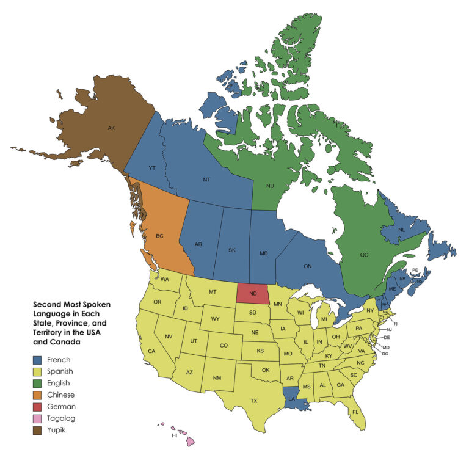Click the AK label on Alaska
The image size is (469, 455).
pos(111,128)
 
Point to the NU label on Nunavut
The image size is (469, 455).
pos(271,185)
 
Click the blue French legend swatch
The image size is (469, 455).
pos(38,360)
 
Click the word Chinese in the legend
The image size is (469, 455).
pos(62,395)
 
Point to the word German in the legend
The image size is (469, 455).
pos(63,406)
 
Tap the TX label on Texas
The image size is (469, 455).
pos(253,401)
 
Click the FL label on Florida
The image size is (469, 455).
pos(355,412)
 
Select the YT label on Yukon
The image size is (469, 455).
pos(153,169)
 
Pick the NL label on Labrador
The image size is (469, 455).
pos(401,230)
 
